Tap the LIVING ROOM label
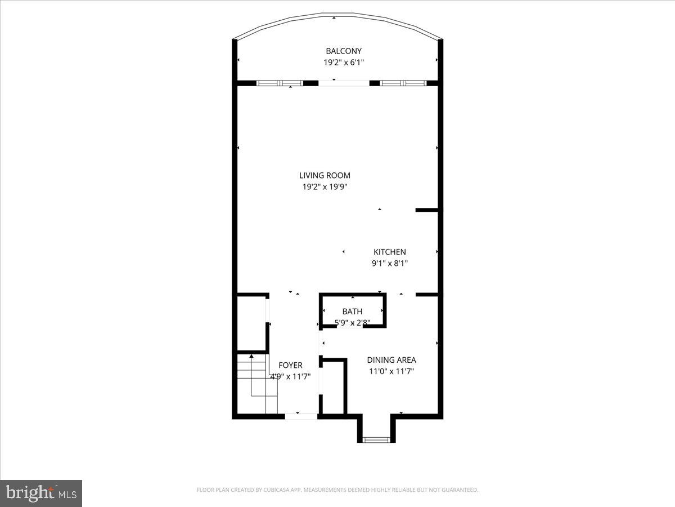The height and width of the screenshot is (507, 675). coord(325,176)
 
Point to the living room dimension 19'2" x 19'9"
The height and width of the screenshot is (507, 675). coord(325,188)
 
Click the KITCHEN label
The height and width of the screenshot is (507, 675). coord(390,252)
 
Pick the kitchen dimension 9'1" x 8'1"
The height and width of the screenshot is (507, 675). coord(390,263)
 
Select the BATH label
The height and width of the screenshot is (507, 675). coord(352,312)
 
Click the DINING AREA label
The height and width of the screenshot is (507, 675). coord(391,360)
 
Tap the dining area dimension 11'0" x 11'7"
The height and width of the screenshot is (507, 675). coord(391,372)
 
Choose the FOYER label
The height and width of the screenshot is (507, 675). coord(290,366)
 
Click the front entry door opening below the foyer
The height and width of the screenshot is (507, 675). coord(301,416)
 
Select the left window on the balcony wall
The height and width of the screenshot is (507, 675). coord(280,83)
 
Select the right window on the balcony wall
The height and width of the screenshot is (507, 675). coord(403,83)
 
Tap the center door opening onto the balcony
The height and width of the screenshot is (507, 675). coord(344,83)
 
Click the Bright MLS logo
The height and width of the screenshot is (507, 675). coord(41,493)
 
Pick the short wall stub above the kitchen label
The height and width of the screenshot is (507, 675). coord(426,210)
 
